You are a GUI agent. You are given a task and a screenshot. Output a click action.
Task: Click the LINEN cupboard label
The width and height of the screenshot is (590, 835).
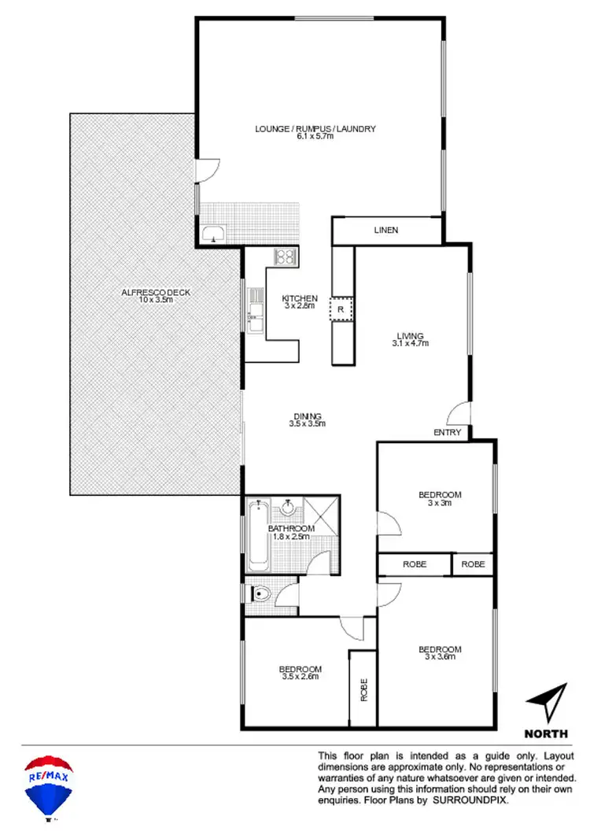385,231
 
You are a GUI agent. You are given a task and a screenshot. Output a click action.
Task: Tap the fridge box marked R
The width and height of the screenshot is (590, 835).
341,310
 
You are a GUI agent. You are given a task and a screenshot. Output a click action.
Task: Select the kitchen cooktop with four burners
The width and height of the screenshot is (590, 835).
284,256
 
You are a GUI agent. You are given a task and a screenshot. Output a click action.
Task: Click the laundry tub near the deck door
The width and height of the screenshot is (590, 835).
212,234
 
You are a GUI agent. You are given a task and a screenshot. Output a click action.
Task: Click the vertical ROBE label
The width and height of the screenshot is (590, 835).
363,689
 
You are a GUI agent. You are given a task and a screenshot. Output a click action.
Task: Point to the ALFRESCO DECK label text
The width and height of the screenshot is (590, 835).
156,292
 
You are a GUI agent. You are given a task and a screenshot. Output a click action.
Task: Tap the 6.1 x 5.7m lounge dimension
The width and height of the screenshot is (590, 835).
315,137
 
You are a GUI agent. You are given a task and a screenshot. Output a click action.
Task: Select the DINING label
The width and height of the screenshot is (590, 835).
308,416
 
